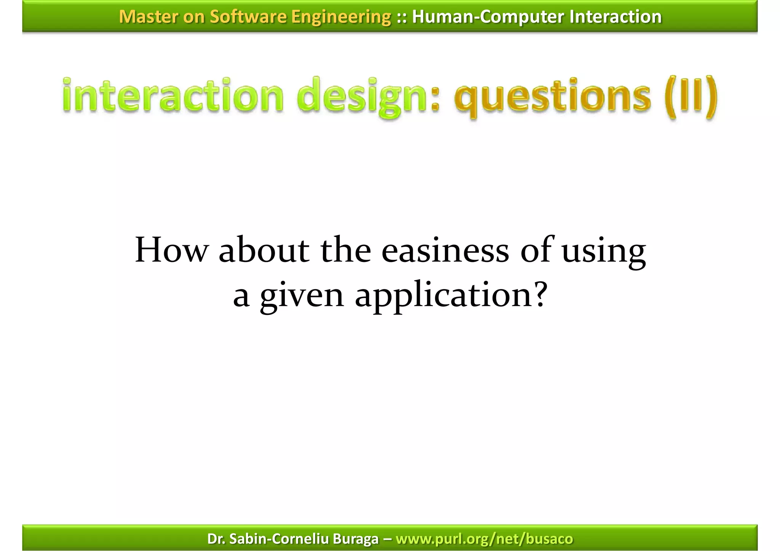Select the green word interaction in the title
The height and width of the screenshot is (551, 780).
coord(173,95)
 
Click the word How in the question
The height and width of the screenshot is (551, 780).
coord(171,250)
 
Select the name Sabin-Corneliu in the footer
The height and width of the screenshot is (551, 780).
coord(280,539)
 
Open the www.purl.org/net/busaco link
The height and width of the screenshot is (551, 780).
coord(484,539)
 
